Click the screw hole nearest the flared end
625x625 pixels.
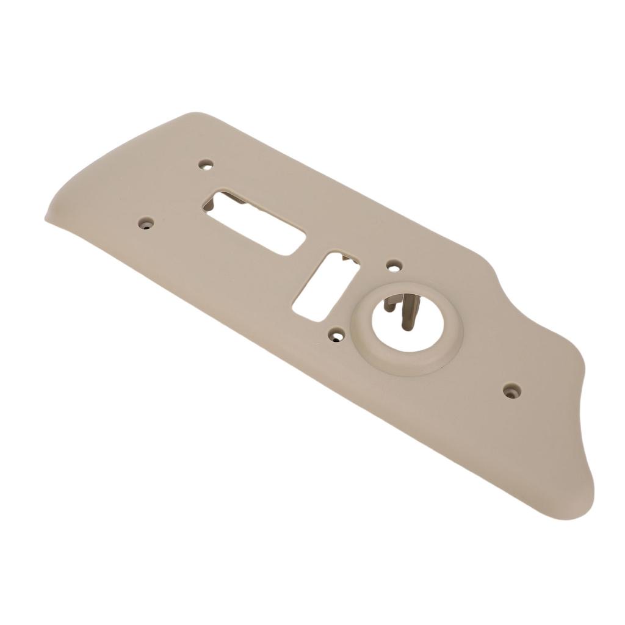tap(511, 389)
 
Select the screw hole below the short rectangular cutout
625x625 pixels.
tap(336, 334)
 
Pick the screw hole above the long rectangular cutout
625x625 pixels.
tap(206, 164)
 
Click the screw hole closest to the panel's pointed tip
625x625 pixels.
tap(145, 223)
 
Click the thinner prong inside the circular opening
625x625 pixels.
tap(389, 305)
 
